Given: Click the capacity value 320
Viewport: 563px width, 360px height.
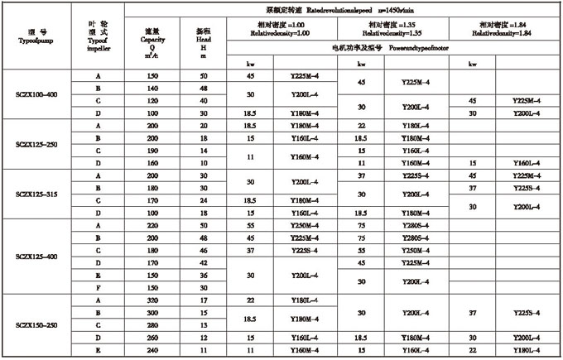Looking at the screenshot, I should pos(152,300).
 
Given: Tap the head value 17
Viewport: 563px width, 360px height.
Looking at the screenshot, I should pos(204,300).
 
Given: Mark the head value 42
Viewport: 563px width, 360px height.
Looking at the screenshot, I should pos(204,262).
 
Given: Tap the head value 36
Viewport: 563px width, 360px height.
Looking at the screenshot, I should pos(204,275).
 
